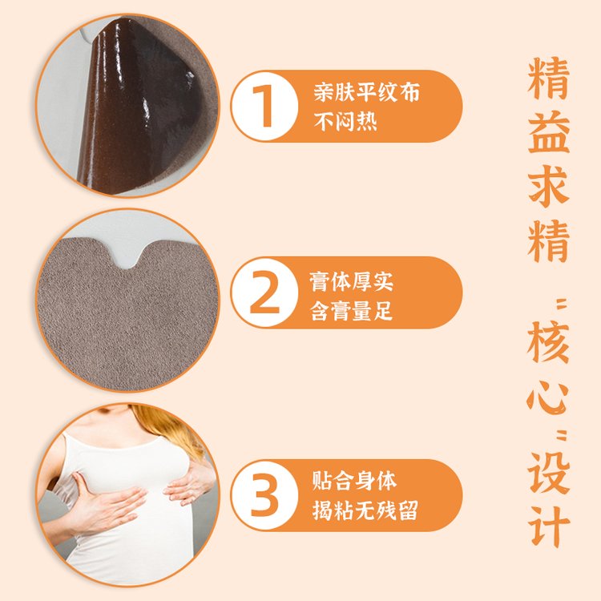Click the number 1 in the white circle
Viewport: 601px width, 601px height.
[264, 106]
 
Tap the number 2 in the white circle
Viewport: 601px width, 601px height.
[264, 292]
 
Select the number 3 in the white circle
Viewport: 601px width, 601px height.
[264, 495]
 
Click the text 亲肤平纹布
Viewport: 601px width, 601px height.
[367, 92]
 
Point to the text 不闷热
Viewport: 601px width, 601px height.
[345, 121]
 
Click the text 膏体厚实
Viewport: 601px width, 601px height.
[352, 281]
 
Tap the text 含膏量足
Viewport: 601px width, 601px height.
[352, 310]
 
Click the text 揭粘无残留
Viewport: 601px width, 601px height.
[365, 510]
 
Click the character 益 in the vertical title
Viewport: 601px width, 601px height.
[548, 132]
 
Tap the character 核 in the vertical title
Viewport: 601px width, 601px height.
[548, 342]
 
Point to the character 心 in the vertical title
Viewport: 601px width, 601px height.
[547, 397]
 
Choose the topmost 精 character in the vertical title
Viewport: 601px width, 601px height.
[548, 78]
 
